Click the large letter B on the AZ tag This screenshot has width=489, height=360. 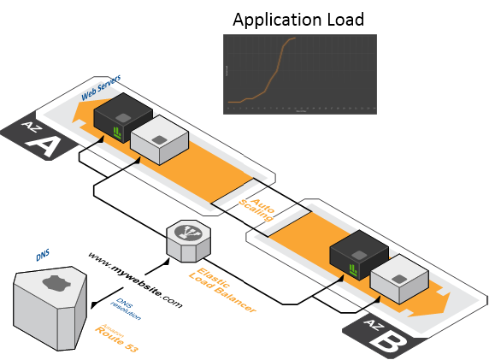(x=386, y=343)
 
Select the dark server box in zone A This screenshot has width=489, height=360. (x=122, y=118)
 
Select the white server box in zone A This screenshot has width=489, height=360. (x=160, y=139)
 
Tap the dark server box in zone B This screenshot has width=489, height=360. (x=358, y=254)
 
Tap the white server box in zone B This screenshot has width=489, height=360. (x=399, y=278)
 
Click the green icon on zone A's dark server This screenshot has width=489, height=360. (x=117, y=133)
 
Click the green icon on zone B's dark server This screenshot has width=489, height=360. (x=353, y=269)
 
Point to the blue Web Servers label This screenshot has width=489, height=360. (x=101, y=86)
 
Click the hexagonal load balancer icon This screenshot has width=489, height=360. (x=188, y=239)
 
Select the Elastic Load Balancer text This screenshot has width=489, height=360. (x=221, y=292)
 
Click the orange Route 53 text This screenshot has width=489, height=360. (x=116, y=339)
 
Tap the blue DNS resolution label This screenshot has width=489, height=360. (x=127, y=309)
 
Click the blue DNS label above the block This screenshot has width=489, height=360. (x=43, y=255)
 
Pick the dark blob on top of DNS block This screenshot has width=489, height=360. (x=56, y=282)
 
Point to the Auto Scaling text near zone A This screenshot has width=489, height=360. (x=257, y=209)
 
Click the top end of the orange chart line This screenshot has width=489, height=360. (x=294, y=38)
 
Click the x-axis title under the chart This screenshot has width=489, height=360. (x=300, y=111)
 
